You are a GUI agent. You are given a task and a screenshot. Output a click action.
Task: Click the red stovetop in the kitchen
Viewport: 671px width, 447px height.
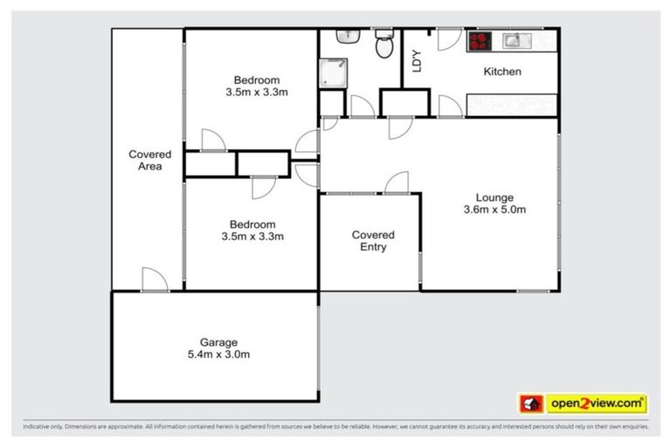(x=481, y=40)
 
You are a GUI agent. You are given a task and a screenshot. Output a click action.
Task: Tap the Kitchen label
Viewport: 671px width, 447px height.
(x=502, y=72)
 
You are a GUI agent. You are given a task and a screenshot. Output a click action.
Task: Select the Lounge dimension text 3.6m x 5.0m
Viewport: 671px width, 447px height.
(x=495, y=210)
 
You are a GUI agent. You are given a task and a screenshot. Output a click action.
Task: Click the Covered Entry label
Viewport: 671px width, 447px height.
(x=373, y=241)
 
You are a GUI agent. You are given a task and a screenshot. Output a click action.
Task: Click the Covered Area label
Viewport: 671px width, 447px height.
(x=149, y=161)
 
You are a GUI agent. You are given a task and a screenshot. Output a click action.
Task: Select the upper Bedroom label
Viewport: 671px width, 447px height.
(x=256, y=79)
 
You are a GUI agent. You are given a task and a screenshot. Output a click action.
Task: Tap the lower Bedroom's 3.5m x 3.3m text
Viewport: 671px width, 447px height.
(x=256, y=236)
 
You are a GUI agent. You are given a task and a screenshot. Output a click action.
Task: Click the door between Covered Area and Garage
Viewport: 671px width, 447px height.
(x=154, y=279)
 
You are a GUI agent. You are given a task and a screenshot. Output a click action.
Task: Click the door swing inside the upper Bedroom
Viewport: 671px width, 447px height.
(x=212, y=141)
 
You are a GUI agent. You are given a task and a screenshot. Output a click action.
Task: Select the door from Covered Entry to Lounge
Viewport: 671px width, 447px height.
(x=396, y=183)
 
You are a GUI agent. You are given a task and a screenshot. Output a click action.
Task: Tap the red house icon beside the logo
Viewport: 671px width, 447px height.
(x=531, y=403)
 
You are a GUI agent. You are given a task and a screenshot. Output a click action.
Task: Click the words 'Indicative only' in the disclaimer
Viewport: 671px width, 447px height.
(x=44, y=427)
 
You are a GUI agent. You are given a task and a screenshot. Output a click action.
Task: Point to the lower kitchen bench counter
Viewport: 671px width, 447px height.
(x=511, y=106)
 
